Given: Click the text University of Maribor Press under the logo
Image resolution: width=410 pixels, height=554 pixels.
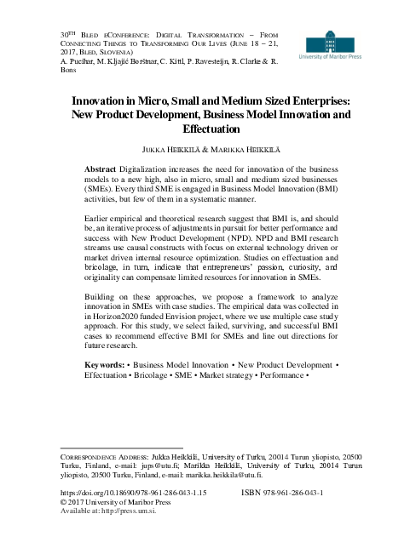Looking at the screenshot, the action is (x=328, y=60).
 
